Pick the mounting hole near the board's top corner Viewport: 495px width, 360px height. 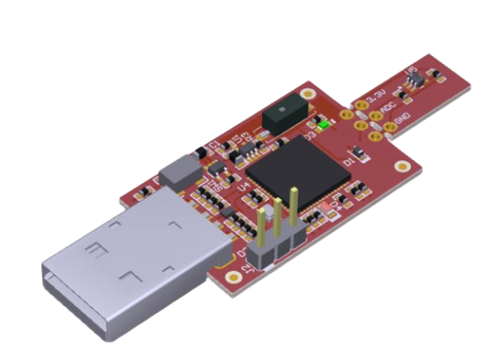click(x=308, y=86)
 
